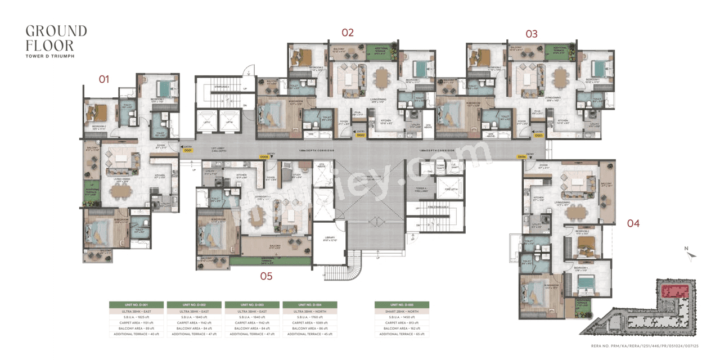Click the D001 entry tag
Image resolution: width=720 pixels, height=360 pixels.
pyautogui.click(x=188, y=150)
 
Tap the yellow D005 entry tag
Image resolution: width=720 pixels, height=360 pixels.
pyautogui.click(x=264, y=157)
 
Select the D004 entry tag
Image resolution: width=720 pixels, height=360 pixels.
pyautogui.click(x=521, y=157)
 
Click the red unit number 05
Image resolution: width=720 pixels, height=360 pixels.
pyautogui.click(x=266, y=276)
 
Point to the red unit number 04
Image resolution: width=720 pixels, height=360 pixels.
pyautogui.click(x=633, y=223)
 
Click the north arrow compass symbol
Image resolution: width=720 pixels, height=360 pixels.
pyautogui.click(x=691, y=255)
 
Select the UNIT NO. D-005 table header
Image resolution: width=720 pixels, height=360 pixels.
pyautogui.click(x=402, y=304)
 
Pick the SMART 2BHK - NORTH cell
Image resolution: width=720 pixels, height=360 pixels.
pyautogui.click(x=402, y=311)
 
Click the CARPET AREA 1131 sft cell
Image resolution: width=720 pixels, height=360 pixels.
pyautogui.click(x=136, y=323)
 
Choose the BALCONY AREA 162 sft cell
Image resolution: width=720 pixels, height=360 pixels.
pyautogui.click(x=402, y=327)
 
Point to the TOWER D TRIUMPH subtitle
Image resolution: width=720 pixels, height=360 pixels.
pyautogui.click(x=50, y=56)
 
